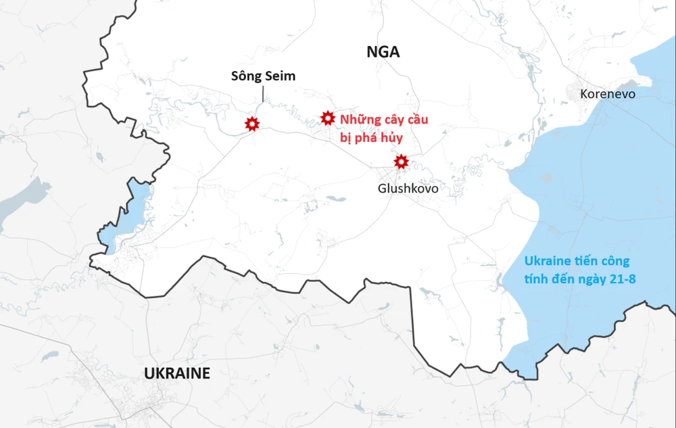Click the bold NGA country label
click(383, 52)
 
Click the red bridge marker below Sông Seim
click(252, 124)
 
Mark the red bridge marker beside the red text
click(328, 119)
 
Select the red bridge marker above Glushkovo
click(401, 162)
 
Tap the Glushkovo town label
click(408, 189)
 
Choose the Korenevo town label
click(608, 94)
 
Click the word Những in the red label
click(358, 120)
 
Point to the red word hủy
click(391, 137)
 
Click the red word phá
click(365, 137)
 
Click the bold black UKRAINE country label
click(177, 373)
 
